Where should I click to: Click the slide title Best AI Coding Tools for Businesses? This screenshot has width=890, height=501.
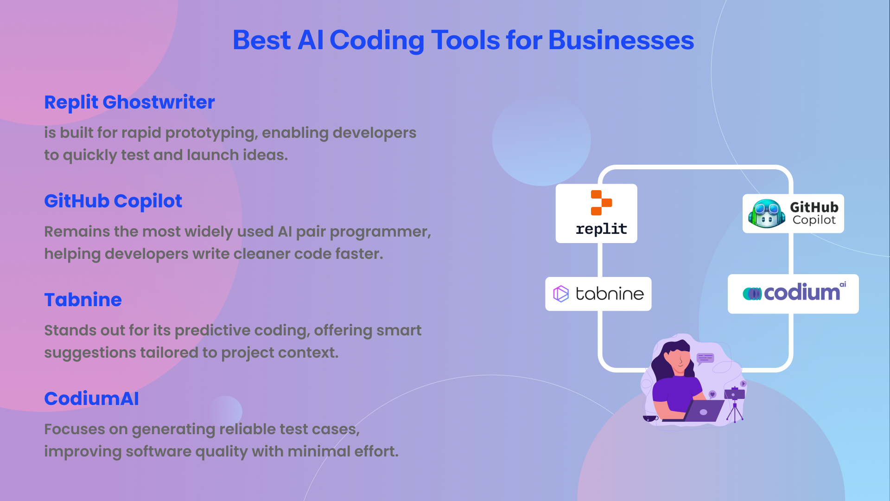pyautogui.click(x=463, y=40)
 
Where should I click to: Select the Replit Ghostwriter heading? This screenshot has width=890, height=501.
pyautogui.click(x=129, y=103)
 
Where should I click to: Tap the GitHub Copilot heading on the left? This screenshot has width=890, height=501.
pyautogui.click(x=113, y=201)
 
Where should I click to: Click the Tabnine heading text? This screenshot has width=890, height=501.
pyautogui.click(x=83, y=300)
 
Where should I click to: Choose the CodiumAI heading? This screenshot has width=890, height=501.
pyautogui.click(x=91, y=398)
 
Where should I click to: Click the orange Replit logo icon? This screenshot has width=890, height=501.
pyautogui.click(x=601, y=203)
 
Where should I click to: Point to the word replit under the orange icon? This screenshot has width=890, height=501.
pyautogui.click(x=601, y=229)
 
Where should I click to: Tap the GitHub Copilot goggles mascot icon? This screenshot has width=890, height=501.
pyautogui.click(x=766, y=213)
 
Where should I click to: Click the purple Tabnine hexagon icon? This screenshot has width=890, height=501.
pyautogui.click(x=561, y=294)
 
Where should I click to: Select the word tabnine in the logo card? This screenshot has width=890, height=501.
pyautogui.click(x=610, y=293)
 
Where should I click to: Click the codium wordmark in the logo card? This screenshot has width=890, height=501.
pyautogui.click(x=801, y=292)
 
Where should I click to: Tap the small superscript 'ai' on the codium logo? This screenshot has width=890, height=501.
pyautogui.click(x=843, y=284)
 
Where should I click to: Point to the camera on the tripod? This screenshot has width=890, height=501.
pyautogui.click(x=735, y=393)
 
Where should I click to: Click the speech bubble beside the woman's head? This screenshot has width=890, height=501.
pyautogui.click(x=705, y=358)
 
